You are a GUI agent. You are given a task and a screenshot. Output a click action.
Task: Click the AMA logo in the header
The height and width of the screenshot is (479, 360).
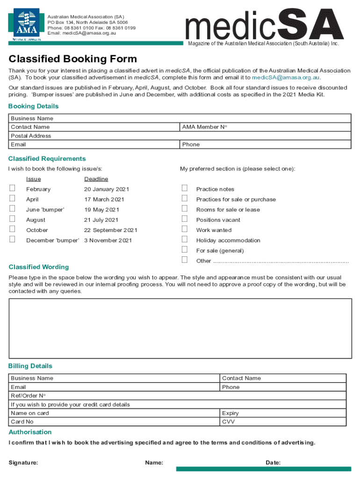[x=26, y=23]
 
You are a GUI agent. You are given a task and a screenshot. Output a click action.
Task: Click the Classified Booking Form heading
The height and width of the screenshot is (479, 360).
[x=73, y=59]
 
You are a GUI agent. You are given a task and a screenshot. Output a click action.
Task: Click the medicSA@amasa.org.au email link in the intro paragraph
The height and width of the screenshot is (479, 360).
[x=286, y=77]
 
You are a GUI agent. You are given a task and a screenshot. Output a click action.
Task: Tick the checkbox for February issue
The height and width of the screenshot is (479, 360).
[x=13, y=188]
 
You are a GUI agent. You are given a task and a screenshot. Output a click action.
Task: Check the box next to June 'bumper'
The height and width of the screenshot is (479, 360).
[x=13, y=209]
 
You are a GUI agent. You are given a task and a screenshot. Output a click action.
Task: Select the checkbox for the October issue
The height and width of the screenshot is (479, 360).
[x=13, y=229]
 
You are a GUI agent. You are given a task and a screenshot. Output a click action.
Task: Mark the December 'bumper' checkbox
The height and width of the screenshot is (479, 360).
[x=13, y=239]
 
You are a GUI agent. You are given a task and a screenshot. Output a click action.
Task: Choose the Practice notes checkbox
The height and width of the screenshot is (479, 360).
[x=185, y=188]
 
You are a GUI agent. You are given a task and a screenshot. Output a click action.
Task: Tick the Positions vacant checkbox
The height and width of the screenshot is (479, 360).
[x=185, y=219]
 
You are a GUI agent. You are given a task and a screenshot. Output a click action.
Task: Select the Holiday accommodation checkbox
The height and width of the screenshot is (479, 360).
[x=185, y=239]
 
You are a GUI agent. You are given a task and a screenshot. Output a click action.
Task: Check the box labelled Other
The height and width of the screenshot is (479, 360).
[x=185, y=260]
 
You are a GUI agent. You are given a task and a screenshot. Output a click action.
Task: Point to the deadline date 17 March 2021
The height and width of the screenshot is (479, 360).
[x=104, y=200]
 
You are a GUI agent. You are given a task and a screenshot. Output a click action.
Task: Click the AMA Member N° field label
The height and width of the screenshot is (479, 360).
[x=201, y=127]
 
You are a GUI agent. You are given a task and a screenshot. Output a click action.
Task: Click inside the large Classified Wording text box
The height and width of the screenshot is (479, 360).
[x=180, y=328]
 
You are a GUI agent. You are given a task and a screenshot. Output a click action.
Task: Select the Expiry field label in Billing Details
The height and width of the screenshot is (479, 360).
[x=230, y=414]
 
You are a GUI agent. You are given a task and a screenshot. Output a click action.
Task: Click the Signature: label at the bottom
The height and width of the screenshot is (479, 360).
[x=23, y=463]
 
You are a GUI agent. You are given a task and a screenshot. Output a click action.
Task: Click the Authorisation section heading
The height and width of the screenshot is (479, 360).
[x=30, y=432]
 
